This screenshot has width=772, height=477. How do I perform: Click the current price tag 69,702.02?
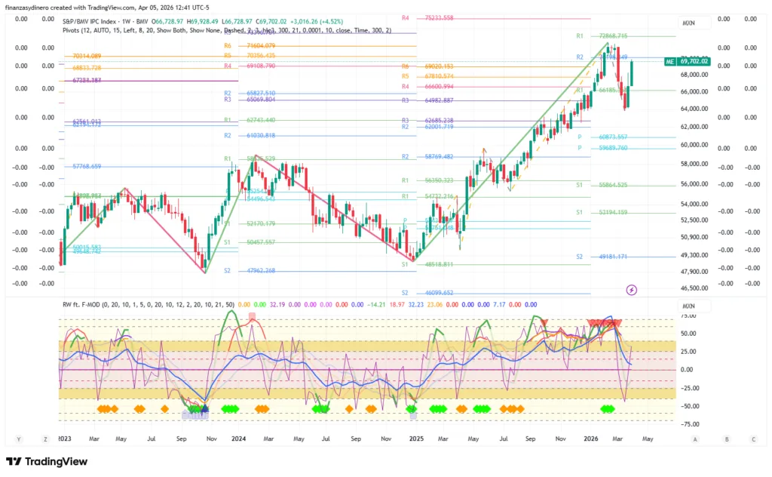pos(694,61)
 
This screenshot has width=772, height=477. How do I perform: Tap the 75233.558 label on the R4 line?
pos(440,17)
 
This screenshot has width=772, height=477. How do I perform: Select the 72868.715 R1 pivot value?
pos(613,35)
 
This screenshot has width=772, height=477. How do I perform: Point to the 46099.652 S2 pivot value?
pos(438,293)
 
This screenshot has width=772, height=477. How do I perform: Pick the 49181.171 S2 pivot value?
pos(613,257)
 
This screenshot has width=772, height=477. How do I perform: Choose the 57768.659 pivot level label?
pos(87,166)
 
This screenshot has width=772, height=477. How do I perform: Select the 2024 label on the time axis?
pos(239,439)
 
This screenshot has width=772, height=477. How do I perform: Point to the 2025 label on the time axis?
pos(415,439)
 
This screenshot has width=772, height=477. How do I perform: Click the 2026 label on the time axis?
pos(592,439)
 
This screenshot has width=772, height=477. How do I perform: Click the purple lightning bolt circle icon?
pos(632,289)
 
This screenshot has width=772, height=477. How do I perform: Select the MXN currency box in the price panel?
pos(689,23)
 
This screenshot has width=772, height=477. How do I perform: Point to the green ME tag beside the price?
pos(669,61)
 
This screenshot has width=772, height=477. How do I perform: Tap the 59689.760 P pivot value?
pos(613,148)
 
